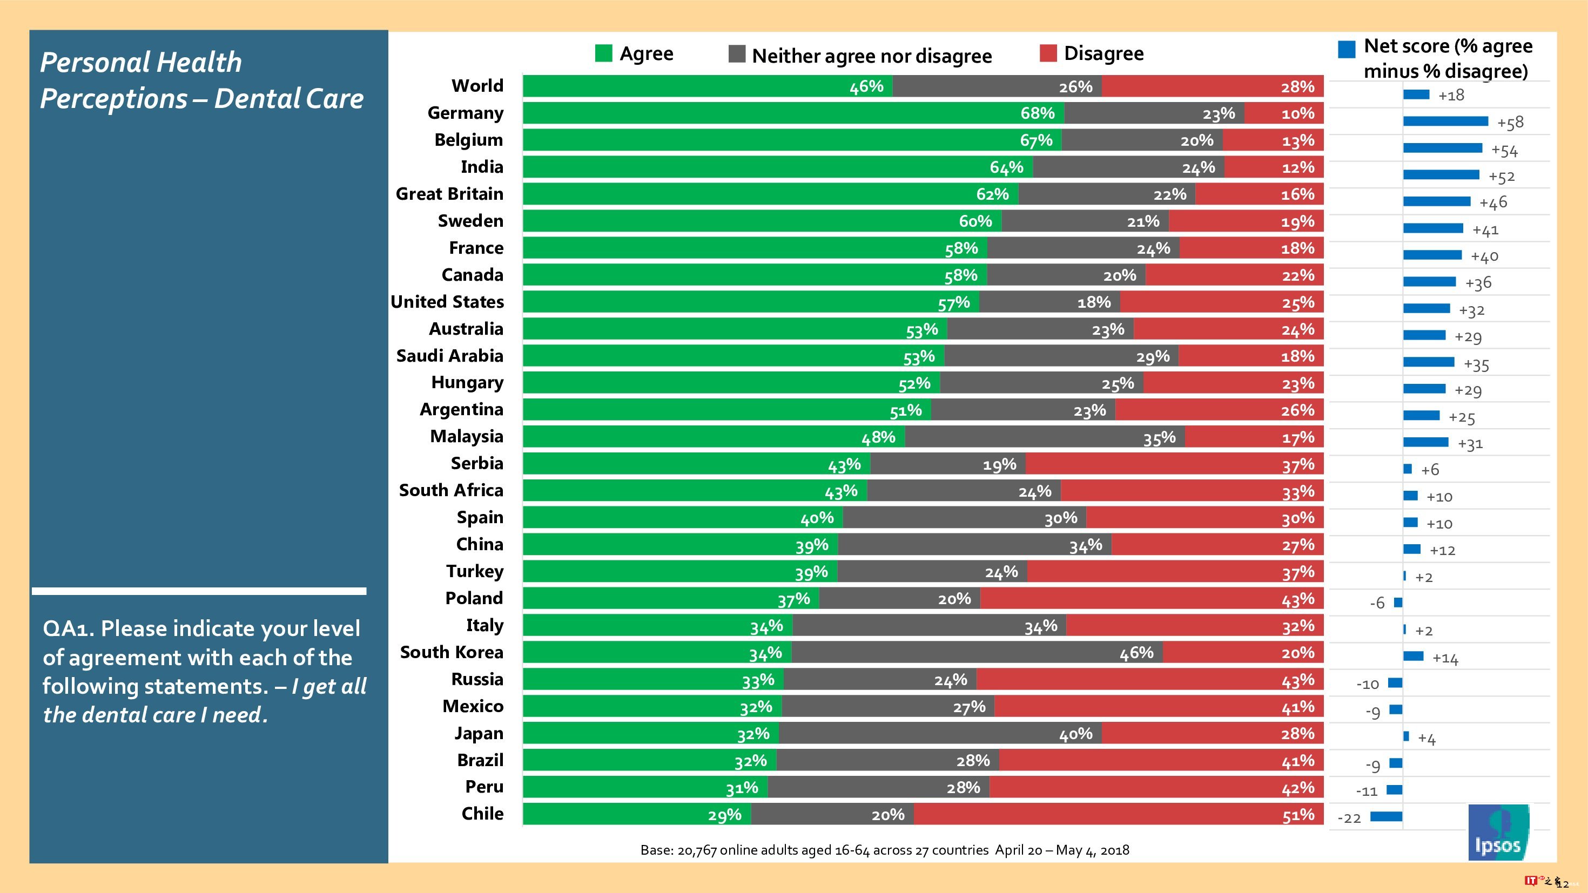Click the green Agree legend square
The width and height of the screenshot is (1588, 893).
click(603, 53)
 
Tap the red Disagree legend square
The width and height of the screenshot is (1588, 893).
click(1048, 53)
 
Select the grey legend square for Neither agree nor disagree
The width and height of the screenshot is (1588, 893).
click(737, 54)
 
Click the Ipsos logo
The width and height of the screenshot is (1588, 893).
click(1498, 832)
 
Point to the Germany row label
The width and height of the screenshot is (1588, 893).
click(466, 113)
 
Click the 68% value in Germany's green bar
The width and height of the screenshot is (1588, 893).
click(1038, 113)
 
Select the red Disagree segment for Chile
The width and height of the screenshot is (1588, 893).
click(1118, 815)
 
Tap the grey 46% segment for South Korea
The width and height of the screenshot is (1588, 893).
click(977, 653)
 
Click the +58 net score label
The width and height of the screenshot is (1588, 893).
click(1510, 123)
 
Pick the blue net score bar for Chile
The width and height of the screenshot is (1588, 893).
click(1387, 816)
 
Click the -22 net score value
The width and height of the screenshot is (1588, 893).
click(1349, 818)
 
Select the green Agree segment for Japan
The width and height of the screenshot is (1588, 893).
click(650, 733)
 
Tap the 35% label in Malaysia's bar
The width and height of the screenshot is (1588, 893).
click(1159, 438)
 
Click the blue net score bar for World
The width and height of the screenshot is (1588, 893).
click(1416, 94)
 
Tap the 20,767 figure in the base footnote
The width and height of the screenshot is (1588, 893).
click(697, 850)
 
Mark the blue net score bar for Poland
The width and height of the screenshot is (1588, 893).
click(1398, 602)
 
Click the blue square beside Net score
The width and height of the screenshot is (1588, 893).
click(1347, 49)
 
